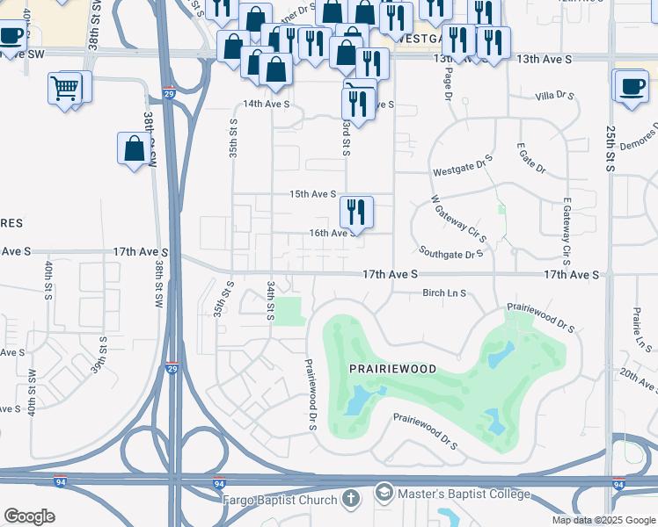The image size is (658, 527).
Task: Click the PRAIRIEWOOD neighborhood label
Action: click(x=393, y=371)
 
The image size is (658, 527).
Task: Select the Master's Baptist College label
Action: click(x=464, y=494)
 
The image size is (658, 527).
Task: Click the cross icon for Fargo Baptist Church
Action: click(x=351, y=500)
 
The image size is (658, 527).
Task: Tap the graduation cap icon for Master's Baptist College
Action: click(x=384, y=493)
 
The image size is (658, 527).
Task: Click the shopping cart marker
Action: click(x=65, y=88)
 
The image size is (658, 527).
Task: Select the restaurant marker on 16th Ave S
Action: click(x=356, y=211)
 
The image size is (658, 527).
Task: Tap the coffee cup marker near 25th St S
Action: click(x=632, y=87)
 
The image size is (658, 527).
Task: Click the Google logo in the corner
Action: click(x=29, y=516)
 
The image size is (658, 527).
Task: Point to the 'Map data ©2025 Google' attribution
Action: click(x=603, y=520)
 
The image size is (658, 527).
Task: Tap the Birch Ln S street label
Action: click(x=443, y=293)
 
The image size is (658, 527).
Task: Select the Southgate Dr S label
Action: click(x=451, y=254)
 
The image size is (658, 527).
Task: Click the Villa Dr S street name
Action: click(x=554, y=95)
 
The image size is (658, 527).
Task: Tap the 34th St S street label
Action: click(x=271, y=301)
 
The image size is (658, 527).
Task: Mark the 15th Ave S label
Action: click(x=314, y=194)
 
